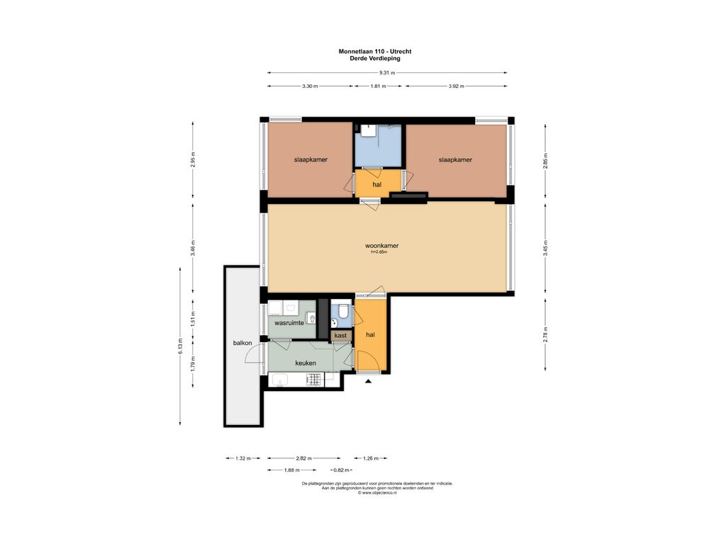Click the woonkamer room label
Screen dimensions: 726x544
382,246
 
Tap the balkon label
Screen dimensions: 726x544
242,343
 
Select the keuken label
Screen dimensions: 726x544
306,363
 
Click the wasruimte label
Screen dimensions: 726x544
289,323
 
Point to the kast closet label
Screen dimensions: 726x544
341,336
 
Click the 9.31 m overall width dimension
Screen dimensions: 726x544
387,73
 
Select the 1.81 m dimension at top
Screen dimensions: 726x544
379,86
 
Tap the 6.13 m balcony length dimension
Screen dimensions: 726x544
180,346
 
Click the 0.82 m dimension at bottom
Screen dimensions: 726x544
341,470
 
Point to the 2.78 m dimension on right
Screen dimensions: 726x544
545,334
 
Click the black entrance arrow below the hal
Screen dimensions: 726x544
369,381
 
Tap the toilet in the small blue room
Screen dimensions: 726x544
343,311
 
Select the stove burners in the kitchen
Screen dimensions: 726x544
314,380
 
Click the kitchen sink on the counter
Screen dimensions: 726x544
279,380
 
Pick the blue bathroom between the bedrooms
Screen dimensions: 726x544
378,144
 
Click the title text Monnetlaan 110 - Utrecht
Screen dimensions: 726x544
375,51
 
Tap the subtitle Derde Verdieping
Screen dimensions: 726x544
375,58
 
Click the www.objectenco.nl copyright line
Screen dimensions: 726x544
377,493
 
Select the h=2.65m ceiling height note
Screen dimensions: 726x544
379,252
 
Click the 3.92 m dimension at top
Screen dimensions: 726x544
456,86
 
